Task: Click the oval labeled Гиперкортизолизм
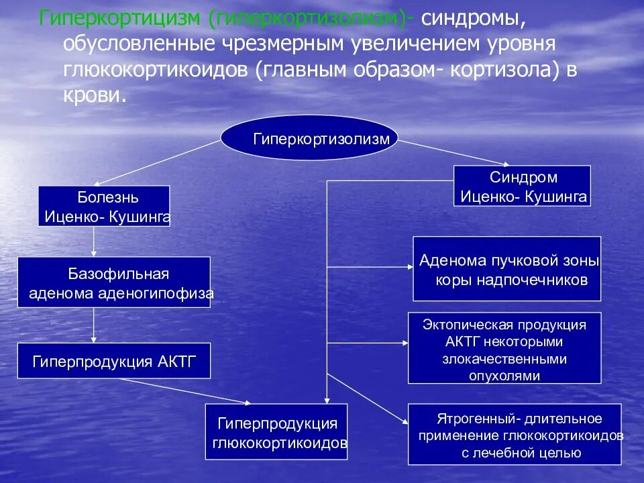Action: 309,139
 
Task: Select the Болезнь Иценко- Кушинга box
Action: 104,206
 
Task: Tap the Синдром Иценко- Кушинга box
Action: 523,186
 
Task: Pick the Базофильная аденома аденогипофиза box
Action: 114,282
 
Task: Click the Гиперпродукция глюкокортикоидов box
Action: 276,431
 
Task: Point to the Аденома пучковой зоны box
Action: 506,268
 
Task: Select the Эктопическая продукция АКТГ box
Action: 504,347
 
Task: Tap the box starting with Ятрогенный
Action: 515,434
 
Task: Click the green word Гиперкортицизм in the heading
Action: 120,18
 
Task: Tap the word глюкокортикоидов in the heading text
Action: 154,69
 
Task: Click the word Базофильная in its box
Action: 119,274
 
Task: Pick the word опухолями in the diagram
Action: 504,376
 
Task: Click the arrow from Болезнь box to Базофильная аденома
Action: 94,241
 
